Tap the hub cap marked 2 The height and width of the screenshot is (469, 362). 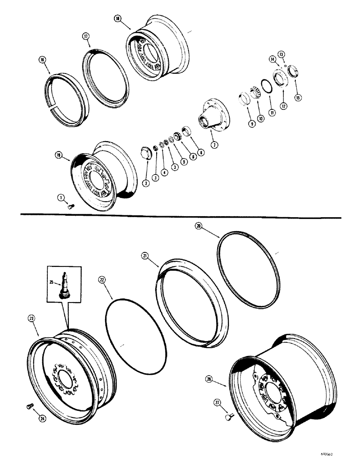tap(146, 154)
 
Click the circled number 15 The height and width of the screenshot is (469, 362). tap(296, 98)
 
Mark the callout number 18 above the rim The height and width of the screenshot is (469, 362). tap(117, 18)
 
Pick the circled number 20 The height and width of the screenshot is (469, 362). tap(198, 226)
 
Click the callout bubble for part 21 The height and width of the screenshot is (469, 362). tap(145, 255)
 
